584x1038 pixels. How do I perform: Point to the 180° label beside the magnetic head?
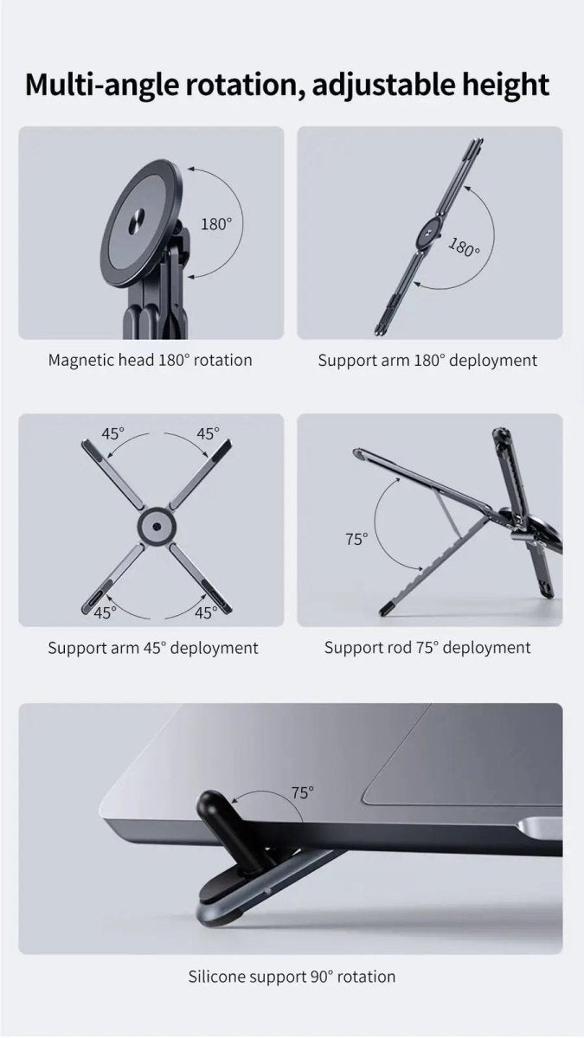coord(216,224)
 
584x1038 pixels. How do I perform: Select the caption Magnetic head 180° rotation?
coord(150,360)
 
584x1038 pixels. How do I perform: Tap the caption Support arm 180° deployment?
coord(427,360)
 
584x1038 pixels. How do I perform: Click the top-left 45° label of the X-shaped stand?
coord(113,433)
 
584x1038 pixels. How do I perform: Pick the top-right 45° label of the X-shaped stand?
coord(208,433)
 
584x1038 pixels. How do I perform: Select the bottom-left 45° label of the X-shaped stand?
coord(106,612)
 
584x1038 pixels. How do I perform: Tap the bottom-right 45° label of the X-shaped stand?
coord(206,612)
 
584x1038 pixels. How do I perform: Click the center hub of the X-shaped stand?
coord(156,525)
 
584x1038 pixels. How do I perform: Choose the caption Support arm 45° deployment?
coord(153,647)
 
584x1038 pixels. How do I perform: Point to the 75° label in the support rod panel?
coord(356,539)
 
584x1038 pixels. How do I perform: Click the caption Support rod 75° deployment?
coord(427,647)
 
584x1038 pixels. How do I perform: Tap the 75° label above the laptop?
coord(302,791)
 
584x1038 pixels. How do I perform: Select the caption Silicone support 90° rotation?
coord(292,977)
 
